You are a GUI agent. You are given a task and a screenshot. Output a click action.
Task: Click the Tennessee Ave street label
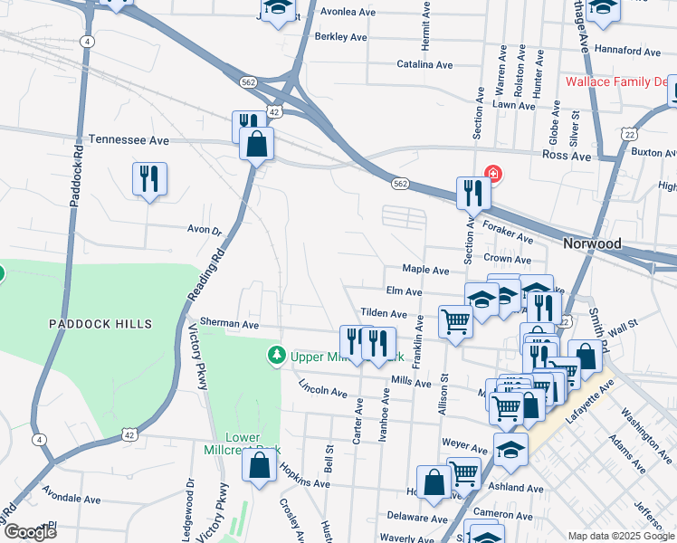(x=129, y=141)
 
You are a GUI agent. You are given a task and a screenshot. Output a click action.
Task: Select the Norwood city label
(x=592, y=244)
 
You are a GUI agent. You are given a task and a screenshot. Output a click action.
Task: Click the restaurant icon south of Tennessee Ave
(x=148, y=179)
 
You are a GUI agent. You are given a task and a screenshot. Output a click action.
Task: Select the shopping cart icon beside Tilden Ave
(x=455, y=321)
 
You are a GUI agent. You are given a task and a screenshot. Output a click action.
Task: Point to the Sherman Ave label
(x=229, y=324)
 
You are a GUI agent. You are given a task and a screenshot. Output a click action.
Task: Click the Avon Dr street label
(x=204, y=230)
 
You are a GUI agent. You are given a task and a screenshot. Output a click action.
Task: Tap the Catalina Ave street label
(x=424, y=65)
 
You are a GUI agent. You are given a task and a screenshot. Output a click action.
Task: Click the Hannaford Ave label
(x=632, y=52)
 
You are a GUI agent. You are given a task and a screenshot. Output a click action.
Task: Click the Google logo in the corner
(x=29, y=531)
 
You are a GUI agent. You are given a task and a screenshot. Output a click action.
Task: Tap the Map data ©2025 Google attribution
(x=620, y=536)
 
